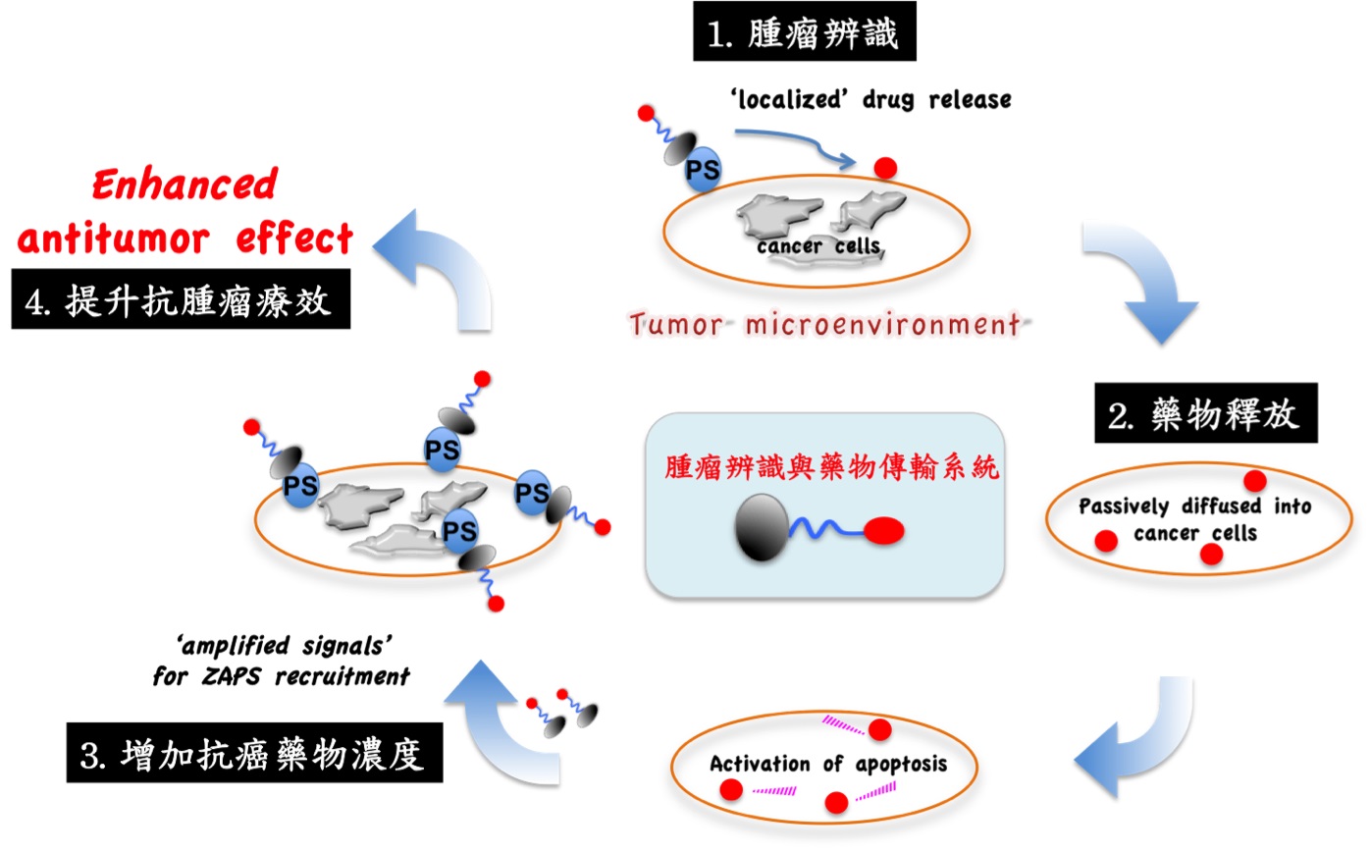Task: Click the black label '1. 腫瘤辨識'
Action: [804, 31]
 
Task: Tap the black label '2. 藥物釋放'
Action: [1206, 412]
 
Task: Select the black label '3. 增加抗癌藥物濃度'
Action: [254, 752]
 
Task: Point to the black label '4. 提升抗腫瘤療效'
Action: [181, 298]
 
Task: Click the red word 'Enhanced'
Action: [185, 184]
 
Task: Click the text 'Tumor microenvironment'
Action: [825, 324]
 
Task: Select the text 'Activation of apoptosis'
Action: [828, 764]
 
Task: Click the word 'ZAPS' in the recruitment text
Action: [232, 676]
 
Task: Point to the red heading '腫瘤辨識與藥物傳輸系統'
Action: [831, 467]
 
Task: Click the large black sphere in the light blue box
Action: [762, 528]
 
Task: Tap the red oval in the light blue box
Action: [884, 531]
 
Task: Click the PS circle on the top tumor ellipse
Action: [702, 170]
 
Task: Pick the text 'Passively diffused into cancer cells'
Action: [1194, 519]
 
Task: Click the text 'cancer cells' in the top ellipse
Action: [818, 245]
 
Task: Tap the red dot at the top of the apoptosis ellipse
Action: [880, 729]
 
